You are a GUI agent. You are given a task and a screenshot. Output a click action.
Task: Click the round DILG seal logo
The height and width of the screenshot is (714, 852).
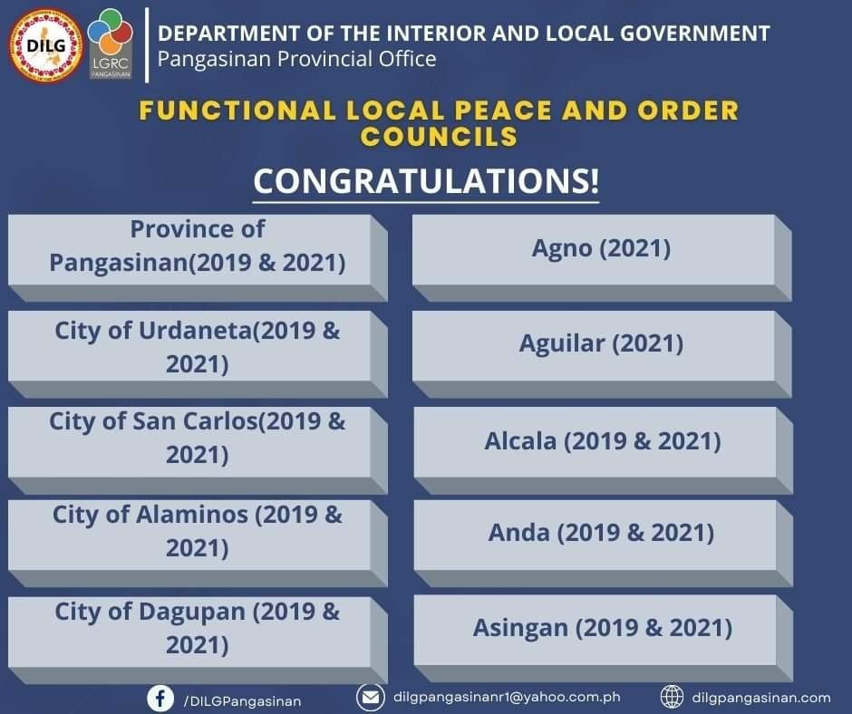[x=45, y=45]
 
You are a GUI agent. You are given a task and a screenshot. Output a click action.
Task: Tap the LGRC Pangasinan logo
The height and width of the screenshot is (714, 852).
[x=111, y=43]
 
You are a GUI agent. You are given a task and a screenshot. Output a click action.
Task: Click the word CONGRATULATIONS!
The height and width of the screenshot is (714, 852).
[x=427, y=181]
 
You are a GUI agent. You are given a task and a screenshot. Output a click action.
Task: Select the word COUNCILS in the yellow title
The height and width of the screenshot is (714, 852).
[x=439, y=137]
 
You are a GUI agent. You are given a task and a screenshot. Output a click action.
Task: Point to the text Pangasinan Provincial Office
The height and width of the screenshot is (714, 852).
[x=296, y=59]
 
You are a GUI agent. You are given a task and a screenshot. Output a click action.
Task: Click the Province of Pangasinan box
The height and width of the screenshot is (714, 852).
[x=198, y=258]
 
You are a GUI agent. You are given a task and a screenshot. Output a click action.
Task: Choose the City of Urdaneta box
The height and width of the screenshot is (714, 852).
[x=198, y=354]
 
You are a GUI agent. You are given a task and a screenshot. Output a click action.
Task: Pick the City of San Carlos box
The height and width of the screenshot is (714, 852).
[x=198, y=450]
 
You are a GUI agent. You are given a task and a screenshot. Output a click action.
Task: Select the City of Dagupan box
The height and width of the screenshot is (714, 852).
[x=198, y=640]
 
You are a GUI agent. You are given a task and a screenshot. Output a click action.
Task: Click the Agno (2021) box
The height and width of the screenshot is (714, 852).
[x=602, y=258]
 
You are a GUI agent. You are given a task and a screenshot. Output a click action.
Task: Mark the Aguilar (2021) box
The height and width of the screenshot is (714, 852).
[x=602, y=354]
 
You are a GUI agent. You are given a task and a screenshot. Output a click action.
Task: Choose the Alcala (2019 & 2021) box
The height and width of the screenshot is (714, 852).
[x=603, y=450]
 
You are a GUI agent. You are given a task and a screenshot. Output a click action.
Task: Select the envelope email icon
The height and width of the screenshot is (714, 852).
[x=371, y=697]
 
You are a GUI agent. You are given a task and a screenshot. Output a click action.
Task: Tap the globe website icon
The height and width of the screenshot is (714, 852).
[x=672, y=697]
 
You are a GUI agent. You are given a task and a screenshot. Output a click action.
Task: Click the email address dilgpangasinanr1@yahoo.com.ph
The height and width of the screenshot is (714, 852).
[x=507, y=697]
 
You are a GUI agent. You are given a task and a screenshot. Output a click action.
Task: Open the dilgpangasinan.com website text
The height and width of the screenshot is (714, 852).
[x=761, y=698]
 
